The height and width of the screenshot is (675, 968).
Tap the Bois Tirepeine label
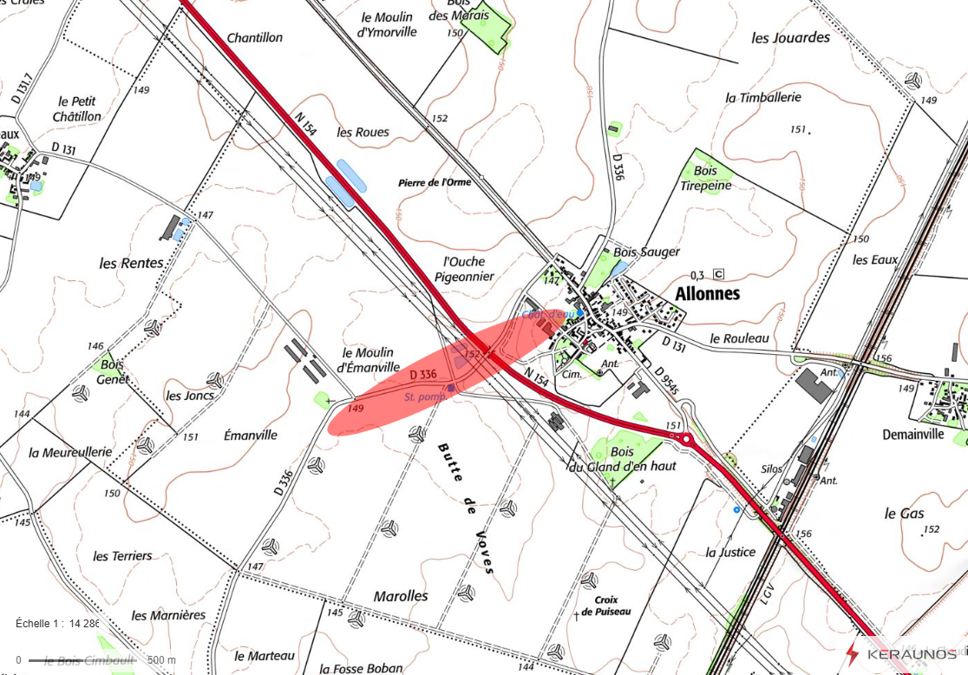click(706, 179)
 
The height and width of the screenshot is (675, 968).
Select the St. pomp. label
click(425, 396)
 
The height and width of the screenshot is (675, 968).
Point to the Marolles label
click(401, 596)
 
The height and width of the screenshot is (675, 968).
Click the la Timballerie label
click(763, 98)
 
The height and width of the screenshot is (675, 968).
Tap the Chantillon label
click(255, 38)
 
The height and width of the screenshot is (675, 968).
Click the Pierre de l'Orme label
click(435, 183)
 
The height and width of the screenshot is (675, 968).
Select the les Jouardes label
click(790, 38)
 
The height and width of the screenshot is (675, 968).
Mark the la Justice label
click(730, 552)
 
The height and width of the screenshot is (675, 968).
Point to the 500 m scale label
click(160, 660)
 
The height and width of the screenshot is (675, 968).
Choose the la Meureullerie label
click(70, 453)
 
